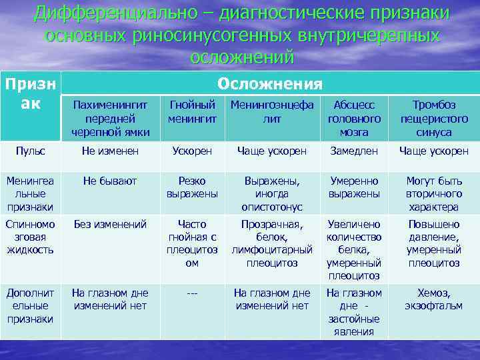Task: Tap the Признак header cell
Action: tap(29, 95)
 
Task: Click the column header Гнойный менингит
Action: tap(192, 112)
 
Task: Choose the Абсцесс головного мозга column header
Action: tap(354, 119)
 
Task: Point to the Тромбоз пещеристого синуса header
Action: tap(433, 119)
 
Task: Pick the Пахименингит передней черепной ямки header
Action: tap(110, 119)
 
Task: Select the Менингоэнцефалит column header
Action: tap(272, 112)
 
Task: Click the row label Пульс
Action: tap(31, 151)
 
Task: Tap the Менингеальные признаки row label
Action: tap(31, 193)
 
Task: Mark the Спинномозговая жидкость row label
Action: tap(31, 237)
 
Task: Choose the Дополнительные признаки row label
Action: tap(31, 305)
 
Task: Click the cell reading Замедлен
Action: tap(354, 151)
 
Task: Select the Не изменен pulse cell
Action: tap(110, 151)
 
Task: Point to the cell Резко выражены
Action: tap(192, 187)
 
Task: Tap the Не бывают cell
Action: tap(110, 181)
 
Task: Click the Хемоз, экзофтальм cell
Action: tap(433, 299)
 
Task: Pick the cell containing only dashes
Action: tap(192, 293)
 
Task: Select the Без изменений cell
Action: tap(110, 225)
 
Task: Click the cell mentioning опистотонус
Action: tap(272, 193)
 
